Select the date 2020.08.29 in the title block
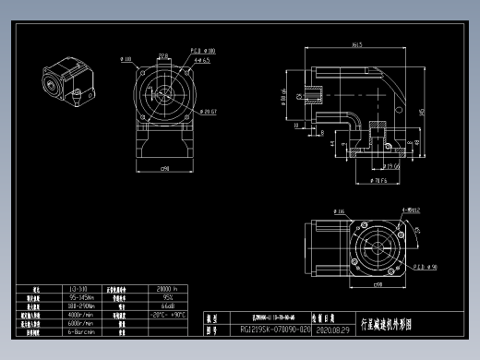334,329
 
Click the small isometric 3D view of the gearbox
61,83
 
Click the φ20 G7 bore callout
206,112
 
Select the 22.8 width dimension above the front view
163,56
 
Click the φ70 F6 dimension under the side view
374,181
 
